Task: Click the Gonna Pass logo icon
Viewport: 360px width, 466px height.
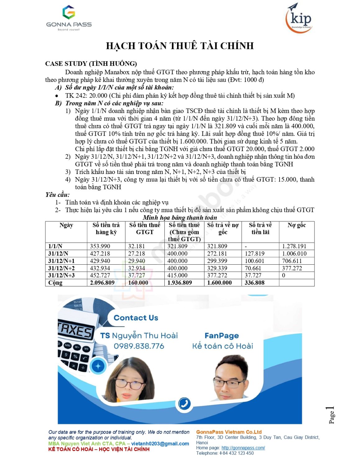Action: coord(69,12)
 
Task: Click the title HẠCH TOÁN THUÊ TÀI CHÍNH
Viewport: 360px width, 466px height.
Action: coord(180,46)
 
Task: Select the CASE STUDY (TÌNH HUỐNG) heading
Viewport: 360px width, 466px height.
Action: coord(91,64)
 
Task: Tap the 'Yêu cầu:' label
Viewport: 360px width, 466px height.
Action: coord(57,195)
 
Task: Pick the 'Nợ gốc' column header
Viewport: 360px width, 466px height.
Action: coord(297,225)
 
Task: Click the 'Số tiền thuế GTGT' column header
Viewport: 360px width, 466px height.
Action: coord(145,229)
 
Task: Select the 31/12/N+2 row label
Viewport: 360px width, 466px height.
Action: coord(62,268)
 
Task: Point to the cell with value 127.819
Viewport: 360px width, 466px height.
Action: coord(255,254)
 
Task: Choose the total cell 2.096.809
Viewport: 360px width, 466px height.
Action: coord(102,283)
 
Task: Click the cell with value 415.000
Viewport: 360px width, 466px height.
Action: coord(177,276)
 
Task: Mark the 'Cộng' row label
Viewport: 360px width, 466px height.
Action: coord(55,283)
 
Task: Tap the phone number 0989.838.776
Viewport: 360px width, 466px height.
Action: coord(139,346)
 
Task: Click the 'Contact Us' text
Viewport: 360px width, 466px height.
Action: coord(136,318)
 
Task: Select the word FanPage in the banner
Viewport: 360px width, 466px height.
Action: coord(222,336)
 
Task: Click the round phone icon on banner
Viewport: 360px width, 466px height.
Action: coord(185,404)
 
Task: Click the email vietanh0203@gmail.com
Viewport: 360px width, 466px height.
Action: coord(160,444)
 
